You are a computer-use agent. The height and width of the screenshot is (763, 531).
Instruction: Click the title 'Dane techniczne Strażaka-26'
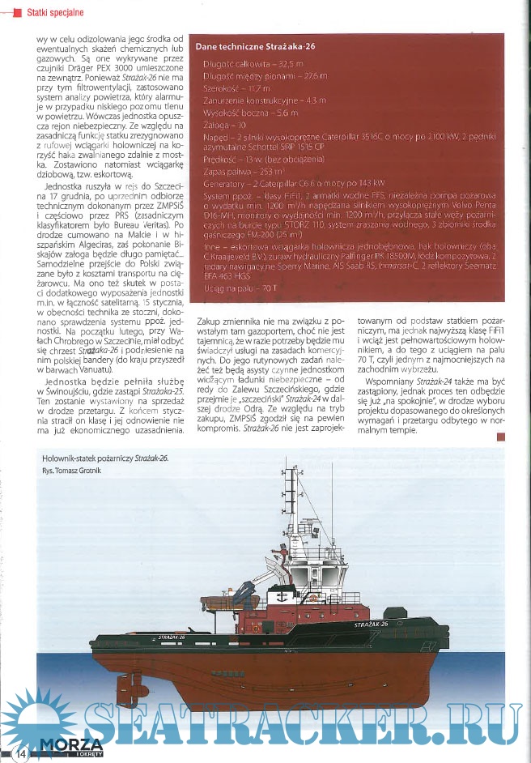[x=255, y=47]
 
